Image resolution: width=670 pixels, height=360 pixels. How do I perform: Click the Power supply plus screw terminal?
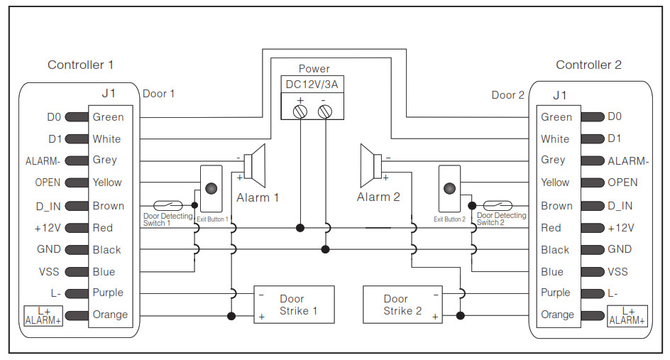click(x=300, y=112)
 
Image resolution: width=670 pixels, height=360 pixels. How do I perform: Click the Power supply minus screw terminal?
click(x=325, y=112)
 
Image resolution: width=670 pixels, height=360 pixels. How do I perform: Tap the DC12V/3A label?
click(x=312, y=84)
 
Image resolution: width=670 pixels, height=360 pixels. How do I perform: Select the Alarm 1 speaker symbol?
click(x=255, y=165)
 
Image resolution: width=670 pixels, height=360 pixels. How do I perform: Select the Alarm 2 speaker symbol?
click(x=371, y=165)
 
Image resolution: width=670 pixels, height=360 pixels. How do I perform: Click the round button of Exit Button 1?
click(x=211, y=188)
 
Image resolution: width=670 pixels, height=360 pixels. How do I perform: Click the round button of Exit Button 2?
click(x=449, y=188)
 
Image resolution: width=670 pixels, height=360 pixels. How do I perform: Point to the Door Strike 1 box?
click(x=294, y=305)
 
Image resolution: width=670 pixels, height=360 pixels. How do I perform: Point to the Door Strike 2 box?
click(x=402, y=305)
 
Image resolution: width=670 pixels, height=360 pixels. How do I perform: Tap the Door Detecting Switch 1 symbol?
click(x=168, y=206)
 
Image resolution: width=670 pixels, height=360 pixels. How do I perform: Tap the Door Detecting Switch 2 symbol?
click(x=498, y=206)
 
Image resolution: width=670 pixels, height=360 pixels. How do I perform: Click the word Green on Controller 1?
click(x=108, y=117)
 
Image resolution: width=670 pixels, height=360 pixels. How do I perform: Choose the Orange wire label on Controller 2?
click(x=556, y=315)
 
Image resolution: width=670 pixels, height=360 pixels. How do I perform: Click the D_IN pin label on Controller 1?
click(x=48, y=207)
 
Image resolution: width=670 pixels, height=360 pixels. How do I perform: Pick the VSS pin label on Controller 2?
click(x=618, y=272)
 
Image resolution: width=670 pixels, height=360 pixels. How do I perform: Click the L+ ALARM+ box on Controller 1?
click(x=43, y=316)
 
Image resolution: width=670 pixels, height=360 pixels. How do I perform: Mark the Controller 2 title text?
click(x=588, y=65)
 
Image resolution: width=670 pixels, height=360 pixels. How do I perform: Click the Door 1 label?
click(x=158, y=94)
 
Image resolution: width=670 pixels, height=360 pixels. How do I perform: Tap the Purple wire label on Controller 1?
click(x=108, y=293)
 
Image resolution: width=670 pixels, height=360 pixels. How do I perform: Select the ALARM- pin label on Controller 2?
click(x=628, y=161)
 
